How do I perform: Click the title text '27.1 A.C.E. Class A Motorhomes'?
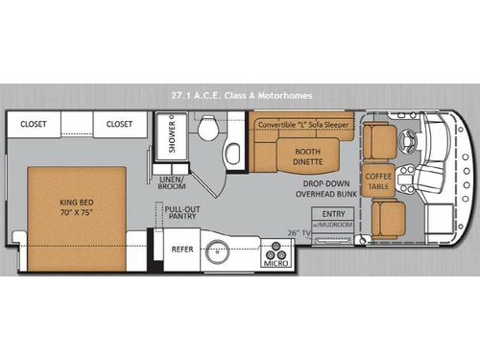240,95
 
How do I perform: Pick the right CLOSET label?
119,124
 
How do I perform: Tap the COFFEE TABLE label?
376,179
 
